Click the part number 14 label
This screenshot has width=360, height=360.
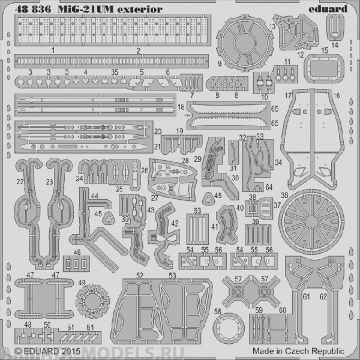point(335,44)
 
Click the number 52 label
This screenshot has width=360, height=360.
point(139,275)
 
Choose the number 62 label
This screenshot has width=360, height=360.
point(323,296)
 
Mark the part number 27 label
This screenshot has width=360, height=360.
point(155,197)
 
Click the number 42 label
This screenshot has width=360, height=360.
point(175,224)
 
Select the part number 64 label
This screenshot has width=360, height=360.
point(269,187)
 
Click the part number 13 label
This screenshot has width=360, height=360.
point(272,28)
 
